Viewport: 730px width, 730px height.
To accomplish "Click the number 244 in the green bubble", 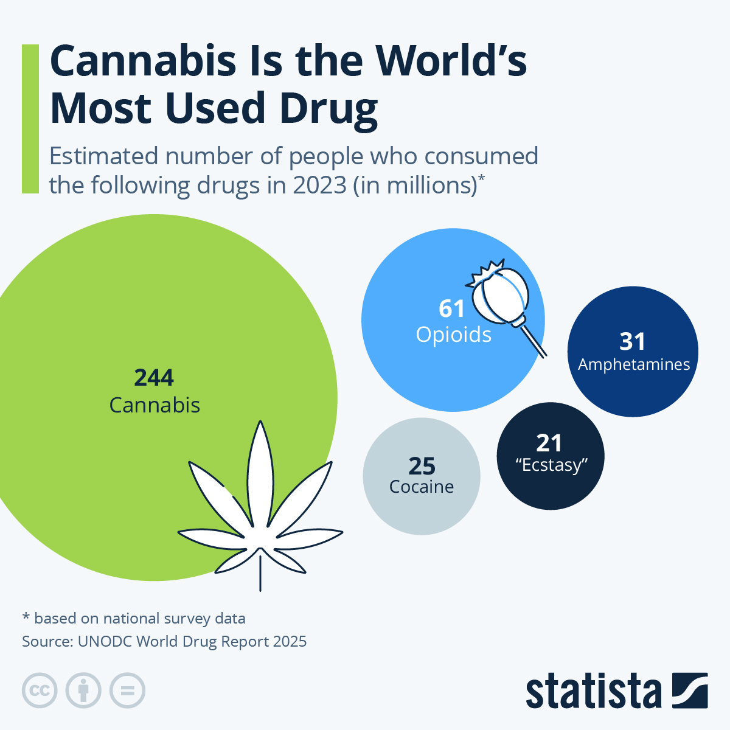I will tap(154, 378).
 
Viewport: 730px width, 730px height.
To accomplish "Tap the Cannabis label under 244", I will tap(155, 405).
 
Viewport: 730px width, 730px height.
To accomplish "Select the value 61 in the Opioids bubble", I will tap(452, 309).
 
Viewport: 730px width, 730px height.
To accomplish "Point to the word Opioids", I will tap(453, 335).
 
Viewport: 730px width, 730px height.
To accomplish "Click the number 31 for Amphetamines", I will tap(633, 341).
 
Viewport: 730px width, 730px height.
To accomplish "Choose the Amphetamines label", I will tap(634, 364).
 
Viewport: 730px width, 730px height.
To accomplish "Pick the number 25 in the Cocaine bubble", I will tap(422, 466).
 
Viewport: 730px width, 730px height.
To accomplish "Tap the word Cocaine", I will tap(422, 487).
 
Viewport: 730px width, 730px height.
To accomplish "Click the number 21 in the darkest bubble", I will tap(549, 443).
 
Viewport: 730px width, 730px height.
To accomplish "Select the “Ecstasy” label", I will tap(551, 465).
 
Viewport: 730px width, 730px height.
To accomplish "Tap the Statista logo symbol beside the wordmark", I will tap(690, 690).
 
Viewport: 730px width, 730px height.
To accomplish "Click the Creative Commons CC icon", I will tap(40, 690).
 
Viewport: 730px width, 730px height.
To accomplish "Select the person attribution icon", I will tap(83, 690).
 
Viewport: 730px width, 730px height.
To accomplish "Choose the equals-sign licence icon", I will tap(127, 690).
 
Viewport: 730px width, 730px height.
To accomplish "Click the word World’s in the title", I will tap(450, 61).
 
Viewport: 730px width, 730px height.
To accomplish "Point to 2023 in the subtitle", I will tap(319, 185).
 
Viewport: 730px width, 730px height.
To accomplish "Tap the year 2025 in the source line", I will tap(290, 641).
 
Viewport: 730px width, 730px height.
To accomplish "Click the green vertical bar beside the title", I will tap(30, 119).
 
